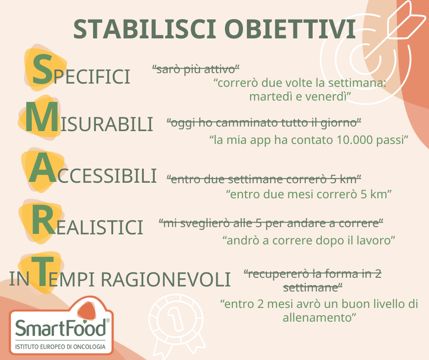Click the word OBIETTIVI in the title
point(290,29)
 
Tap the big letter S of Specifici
point(42,69)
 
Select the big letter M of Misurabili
point(42,117)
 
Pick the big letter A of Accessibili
point(43,168)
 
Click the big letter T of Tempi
point(42,271)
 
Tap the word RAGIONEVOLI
point(166,280)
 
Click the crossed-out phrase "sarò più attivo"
point(196,69)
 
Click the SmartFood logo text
point(60,328)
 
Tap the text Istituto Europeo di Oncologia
point(60,347)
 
